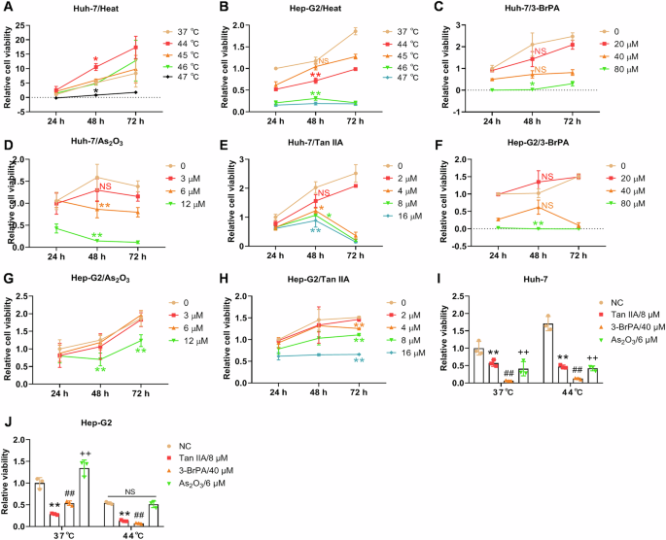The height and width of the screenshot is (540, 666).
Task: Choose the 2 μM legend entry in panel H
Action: (x=396, y=310)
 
